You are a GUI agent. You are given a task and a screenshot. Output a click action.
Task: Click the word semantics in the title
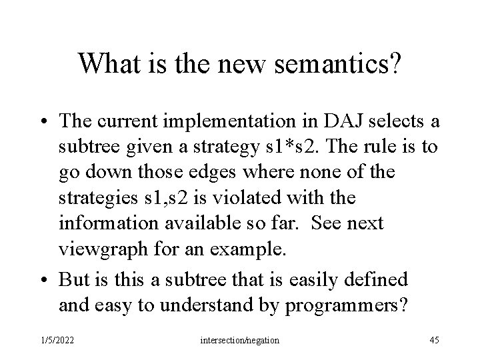point(336,65)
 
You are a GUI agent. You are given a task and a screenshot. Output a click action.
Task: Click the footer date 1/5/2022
point(57,340)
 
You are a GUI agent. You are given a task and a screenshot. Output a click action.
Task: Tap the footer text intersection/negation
point(239,340)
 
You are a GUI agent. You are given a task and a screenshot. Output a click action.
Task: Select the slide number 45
point(434,340)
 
